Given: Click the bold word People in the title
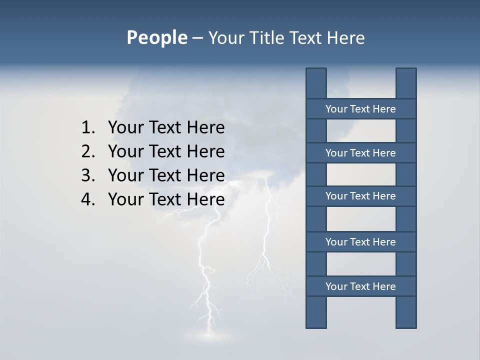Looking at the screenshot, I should click(156, 38).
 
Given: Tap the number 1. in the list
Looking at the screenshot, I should click(88, 128).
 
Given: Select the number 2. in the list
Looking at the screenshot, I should click(88, 151).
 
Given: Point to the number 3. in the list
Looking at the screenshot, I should click(88, 175).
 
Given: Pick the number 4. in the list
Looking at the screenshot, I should click(88, 199).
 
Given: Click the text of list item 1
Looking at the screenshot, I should click(166, 128).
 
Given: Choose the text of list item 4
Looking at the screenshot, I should click(166, 199).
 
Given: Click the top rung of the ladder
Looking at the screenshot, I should click(360, 109).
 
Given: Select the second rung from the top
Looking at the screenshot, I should click(360, 153).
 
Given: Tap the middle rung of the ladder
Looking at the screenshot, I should click(360, 196).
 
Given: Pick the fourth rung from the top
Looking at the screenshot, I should click(360, 242).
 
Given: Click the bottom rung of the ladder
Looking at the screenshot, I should click(360, 286).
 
